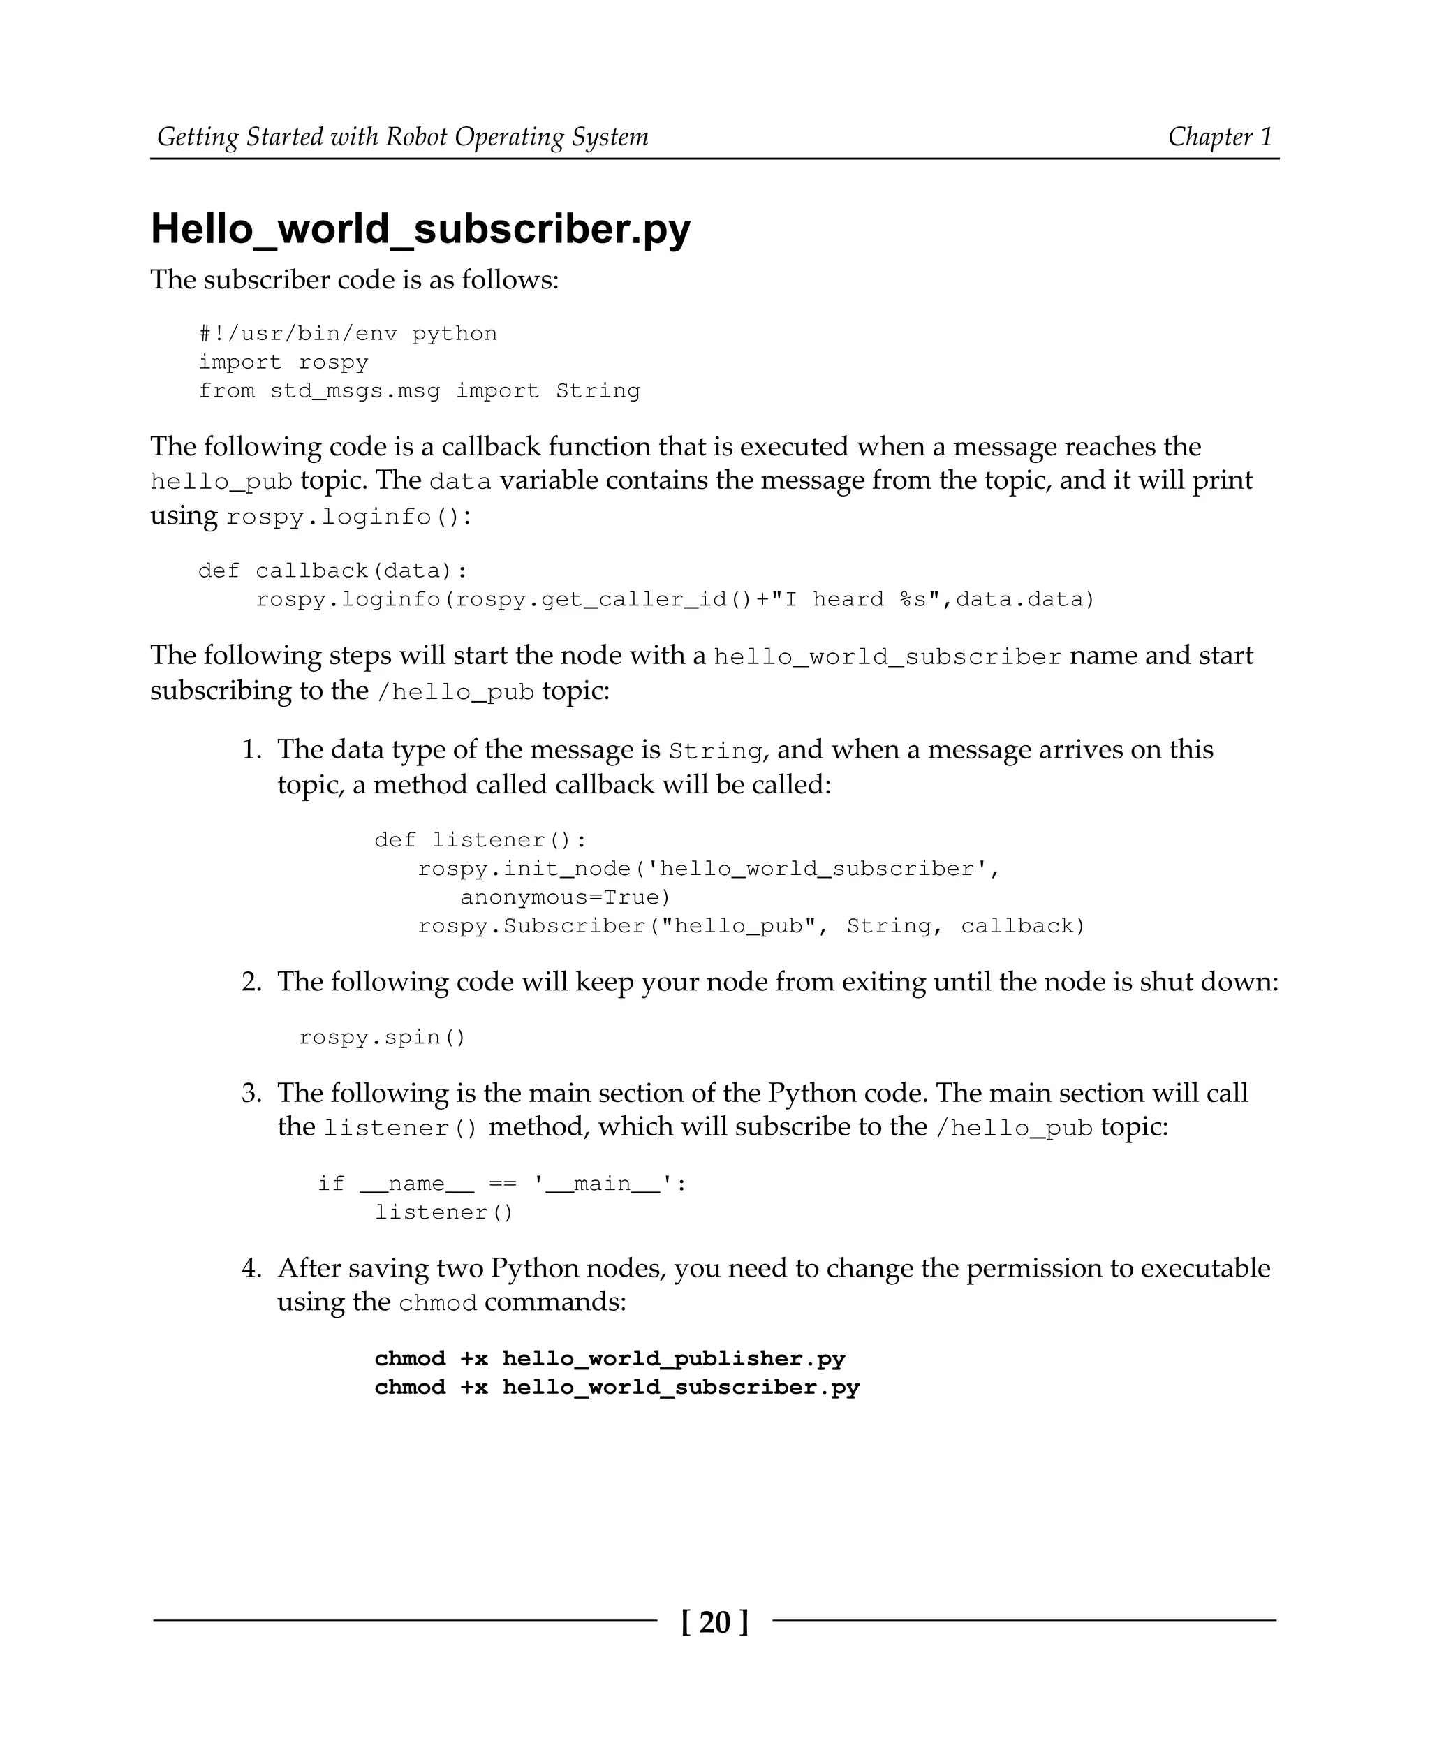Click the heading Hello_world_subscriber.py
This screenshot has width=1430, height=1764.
click(x=420, y=229)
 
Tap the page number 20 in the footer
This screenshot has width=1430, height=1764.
click(x=714, y=1622)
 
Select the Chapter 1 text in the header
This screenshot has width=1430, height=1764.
click(x=1220, y=137)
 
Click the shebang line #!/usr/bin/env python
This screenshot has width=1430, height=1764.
click(x=348, y=334)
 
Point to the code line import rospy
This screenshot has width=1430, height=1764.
click(x=283, y=362)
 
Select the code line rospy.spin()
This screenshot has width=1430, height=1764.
click(x=382, y=1037)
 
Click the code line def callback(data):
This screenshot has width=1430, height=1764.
click(x=333, y=571)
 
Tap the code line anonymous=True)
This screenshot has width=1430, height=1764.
click(x=565, y=897)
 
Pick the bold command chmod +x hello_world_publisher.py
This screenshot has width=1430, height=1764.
click(x=610, y=1359)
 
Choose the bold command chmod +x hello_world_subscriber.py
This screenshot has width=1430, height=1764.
click(x=616, y=1388)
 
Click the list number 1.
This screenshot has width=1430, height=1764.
click(x=251, y=750)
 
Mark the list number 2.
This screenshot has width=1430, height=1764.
click(x=251, y=982)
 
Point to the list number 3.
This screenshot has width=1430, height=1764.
click(x=251, y=1094)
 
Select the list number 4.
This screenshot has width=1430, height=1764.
click(x=251, y=1268)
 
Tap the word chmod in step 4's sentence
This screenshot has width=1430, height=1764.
click(x=437, y=1303)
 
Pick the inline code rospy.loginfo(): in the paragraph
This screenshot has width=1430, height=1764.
click(x=349, y=517)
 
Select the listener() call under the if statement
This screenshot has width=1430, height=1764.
click(x=444, y=1213)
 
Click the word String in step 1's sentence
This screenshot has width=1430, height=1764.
click(x=715, y=751)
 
